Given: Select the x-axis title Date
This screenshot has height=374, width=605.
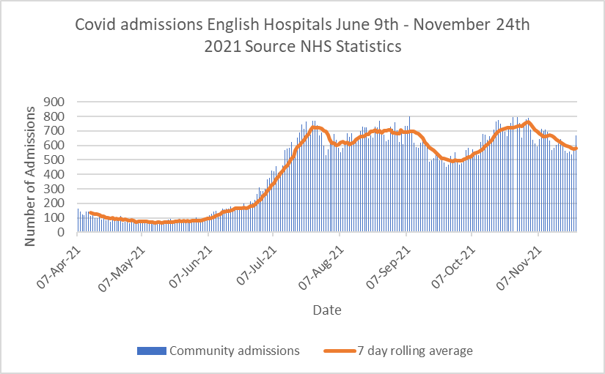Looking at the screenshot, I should [x=326, y=310].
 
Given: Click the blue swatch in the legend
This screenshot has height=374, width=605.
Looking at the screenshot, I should [x=151, y=351].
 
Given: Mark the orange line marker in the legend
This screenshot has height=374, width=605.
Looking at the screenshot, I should [x=333, y=351].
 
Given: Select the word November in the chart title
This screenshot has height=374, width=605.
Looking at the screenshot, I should [x=454, y=26].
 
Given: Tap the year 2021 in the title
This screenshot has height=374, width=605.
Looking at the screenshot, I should [x=221, y=46].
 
